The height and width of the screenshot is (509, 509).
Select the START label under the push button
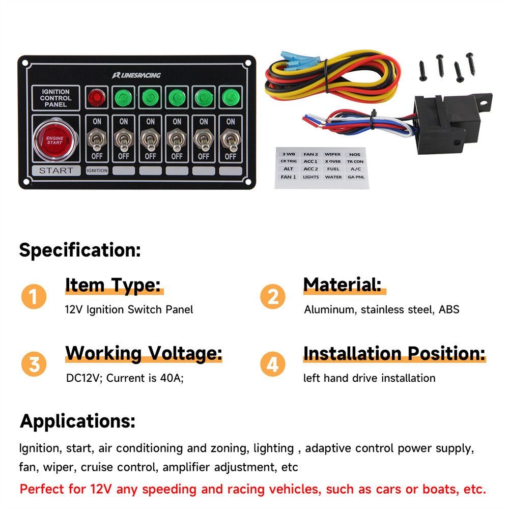click(x=56, y=171)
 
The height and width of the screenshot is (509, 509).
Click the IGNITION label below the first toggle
click(x=97, y=171)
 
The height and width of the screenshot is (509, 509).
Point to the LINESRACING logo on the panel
click(x=136, y=75)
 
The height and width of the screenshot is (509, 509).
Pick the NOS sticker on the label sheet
click(x=354, y=154)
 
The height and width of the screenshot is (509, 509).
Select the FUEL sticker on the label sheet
click(x=333, y=169)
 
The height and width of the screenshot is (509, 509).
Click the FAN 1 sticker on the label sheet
click(x=288, y=177)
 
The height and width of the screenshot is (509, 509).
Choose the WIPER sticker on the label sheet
click(x=333, y=154)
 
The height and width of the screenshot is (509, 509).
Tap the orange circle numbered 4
click(x=273, y=364)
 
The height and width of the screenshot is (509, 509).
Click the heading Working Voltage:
click(x=144, y=353)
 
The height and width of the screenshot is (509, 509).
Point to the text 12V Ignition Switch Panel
click(x=129, y=309)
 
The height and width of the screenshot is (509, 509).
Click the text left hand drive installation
click(x=369, y=378)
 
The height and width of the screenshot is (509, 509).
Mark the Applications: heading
click(x=77, y=421)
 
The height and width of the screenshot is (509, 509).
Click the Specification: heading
click(x=79, y=250)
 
